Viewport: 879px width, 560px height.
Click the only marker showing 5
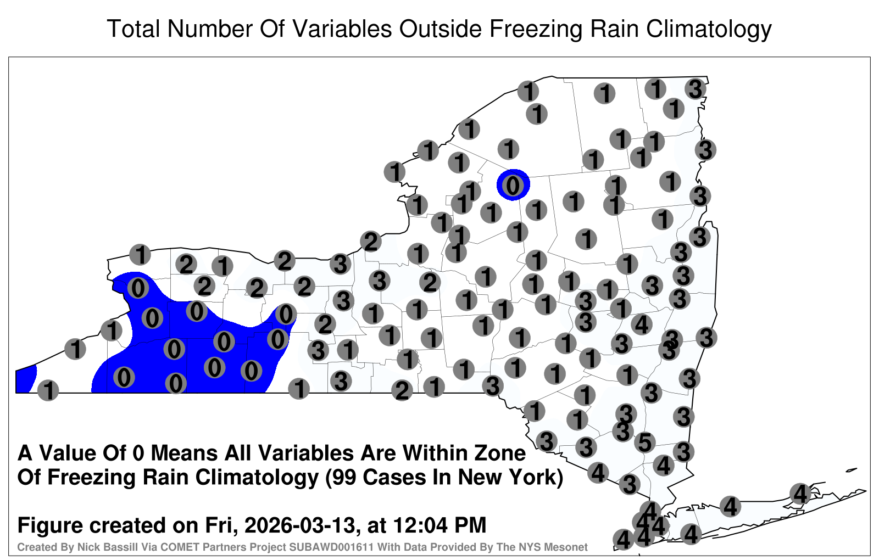[x=645, y=443]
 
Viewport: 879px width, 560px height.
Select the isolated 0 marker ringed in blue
[x=513, y=185]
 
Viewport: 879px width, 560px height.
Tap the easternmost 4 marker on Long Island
[x=800, y=494]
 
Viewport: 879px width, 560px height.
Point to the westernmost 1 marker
[x=48, y=390]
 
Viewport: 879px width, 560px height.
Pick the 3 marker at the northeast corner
[x=696, y=89]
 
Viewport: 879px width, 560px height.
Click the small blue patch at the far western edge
[x=25, y=379]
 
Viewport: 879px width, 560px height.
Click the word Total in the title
[x=133, y=29]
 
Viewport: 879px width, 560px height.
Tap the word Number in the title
[x=210, y=29]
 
